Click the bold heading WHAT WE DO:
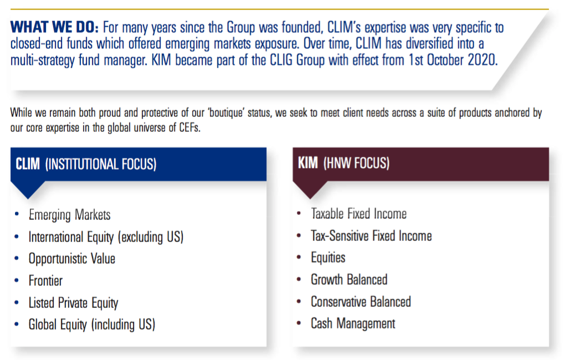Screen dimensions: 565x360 point(54,27)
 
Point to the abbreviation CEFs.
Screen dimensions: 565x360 point(189,127)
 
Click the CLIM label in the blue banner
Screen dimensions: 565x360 point(28,164)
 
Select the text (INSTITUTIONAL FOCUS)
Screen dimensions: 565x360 point(101,164)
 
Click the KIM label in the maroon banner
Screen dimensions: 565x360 point(308,163)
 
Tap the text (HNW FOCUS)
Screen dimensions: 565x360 point(356,163)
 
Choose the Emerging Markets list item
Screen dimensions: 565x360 point(70,215)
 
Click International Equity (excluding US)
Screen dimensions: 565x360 point(106,237)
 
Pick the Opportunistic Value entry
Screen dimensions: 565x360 point(72,259)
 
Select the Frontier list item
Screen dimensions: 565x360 point(46,281)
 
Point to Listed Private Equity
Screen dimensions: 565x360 point(74,303)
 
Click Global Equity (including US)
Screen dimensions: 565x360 point(92,325)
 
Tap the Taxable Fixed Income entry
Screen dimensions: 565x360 point(359,214)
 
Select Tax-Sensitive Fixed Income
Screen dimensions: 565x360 point(372,236)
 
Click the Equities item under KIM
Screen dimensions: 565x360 point(328,258)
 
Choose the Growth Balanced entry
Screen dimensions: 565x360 point(349,280)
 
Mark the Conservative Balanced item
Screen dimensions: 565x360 point(361,302)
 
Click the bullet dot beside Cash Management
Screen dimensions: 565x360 point(299,323)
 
